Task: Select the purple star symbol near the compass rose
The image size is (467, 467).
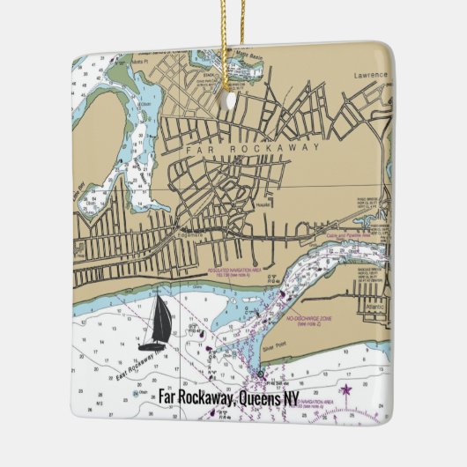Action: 347,389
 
